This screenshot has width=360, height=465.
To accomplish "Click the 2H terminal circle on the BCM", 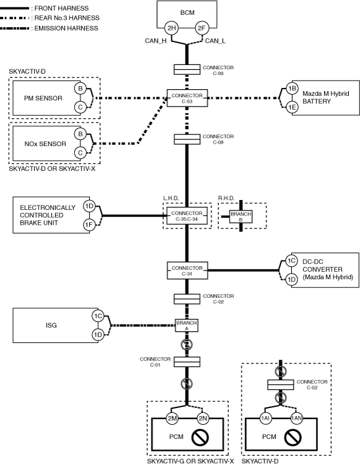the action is coord(172,28).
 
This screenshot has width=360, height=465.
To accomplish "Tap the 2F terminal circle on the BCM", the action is coord(202,28).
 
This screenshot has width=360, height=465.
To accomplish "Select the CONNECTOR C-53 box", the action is coord(187,98).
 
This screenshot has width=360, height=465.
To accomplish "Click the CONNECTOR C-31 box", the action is coord(187,271).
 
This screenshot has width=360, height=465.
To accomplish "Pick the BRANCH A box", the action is coord(187,325).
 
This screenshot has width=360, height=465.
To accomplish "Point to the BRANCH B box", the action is coord(241,217).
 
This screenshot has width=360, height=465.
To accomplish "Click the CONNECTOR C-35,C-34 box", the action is coord(187,216).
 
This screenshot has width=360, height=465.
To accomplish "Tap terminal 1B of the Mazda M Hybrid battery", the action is coord(292,89).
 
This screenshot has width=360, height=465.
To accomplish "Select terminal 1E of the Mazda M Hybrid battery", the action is coord(292,107).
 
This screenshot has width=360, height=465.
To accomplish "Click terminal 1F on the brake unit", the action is coord(89,225).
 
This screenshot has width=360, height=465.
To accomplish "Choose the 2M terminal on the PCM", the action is coord(173,419).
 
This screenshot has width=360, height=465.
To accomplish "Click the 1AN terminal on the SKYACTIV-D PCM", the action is coord(296,419).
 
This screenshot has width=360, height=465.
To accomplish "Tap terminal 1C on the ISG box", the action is coord(98,316).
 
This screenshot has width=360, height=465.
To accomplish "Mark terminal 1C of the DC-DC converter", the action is coord(291,261).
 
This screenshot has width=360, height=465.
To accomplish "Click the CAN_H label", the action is coord(155,41).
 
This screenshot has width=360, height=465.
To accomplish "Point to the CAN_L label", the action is coord(215,41).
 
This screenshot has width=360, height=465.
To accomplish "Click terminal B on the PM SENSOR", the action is coord(80,89).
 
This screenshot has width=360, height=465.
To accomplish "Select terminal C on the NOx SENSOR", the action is coord(80,153).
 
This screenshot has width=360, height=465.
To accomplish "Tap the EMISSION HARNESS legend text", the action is coord(66,28).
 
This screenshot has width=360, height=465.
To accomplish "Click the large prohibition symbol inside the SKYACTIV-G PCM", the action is coord(200,437).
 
